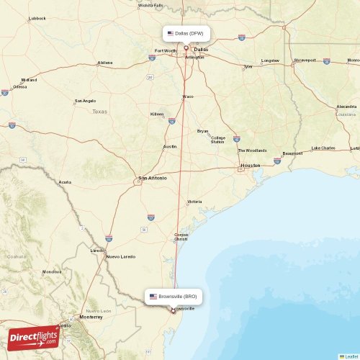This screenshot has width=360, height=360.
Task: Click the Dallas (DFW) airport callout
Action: click(x=186, y=33)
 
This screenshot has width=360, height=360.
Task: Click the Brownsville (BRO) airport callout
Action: click(x=172, y=297)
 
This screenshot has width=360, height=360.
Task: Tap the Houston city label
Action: click(x=250, y=166)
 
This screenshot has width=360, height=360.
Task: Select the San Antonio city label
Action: click(x=152, y=177)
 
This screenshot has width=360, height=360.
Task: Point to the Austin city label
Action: click(x=170, y=146)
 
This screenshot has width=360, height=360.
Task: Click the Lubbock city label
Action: click(x=37, y=18)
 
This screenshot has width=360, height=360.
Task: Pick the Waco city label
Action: click(x=188, y=96)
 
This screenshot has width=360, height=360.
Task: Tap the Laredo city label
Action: click(x=96, y=250)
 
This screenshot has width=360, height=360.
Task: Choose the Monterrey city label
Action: click(x=91, y=317)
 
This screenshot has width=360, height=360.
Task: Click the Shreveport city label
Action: click(x=305, y=60)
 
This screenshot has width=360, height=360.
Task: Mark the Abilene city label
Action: click(x=105, y=63)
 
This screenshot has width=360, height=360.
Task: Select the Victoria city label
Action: click(x=194, y=202)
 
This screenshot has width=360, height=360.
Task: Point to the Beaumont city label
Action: click(x=292, y=153)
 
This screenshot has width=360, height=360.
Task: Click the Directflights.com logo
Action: click(x=33, y=336)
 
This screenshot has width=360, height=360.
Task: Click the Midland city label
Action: click(x=29, y=80)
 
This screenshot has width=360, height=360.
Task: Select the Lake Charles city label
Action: click(x=323, y=148)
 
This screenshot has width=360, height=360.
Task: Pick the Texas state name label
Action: click(x=99, y=112)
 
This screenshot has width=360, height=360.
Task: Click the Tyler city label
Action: click(x=248, y=67)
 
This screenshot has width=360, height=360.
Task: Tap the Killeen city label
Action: click(x=157, y=114)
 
